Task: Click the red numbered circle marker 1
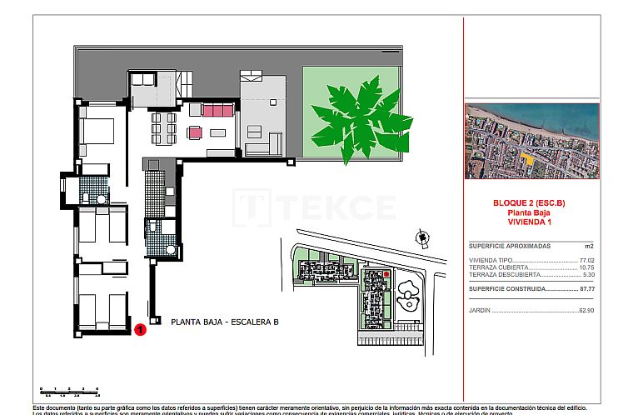point(141,329)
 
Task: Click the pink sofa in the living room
point(218,110)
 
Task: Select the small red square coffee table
point(196,132)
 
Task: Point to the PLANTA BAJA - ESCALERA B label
point(224,322)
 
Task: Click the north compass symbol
point(422,239)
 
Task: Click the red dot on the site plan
point(386,273)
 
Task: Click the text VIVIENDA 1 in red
point(531,222)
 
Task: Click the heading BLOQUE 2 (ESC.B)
point(531,203)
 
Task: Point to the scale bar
point(69,390)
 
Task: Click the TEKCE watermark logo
point(314,207)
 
